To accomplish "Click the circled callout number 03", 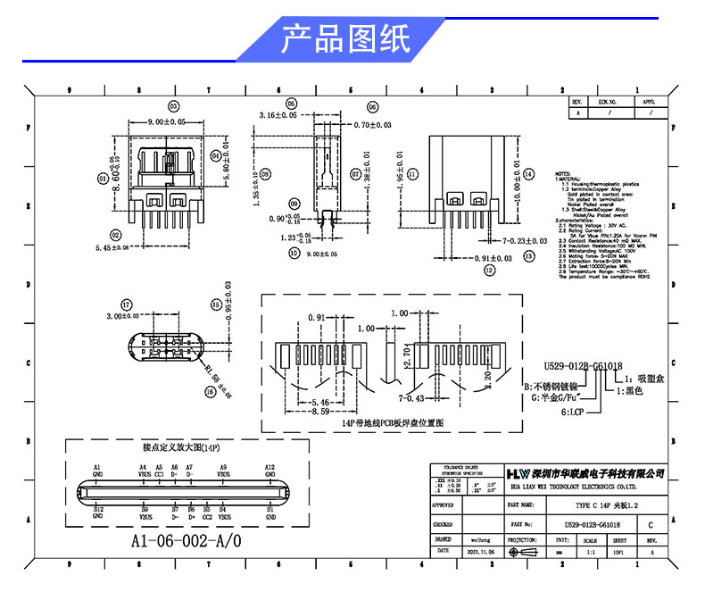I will pyautogui.click(x=173, y=106).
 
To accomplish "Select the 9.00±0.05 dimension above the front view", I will pyautogui.click(x=164, y=121).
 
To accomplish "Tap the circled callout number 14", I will pyautogui.click(x=528, y=174).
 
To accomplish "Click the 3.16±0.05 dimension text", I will pyautogui.click(x=277, y=116).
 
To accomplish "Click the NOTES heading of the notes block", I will pyautogui.click(x=563, y=174).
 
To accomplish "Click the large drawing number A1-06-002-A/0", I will pyautogui.click(x=186, y=541).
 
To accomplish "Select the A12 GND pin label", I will pyautogui.click(x=270, y=471).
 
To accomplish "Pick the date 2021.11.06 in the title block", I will pyautogui.click(x=480, y=553).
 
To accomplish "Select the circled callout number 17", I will pyautogui.click(x=126, y=304).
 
